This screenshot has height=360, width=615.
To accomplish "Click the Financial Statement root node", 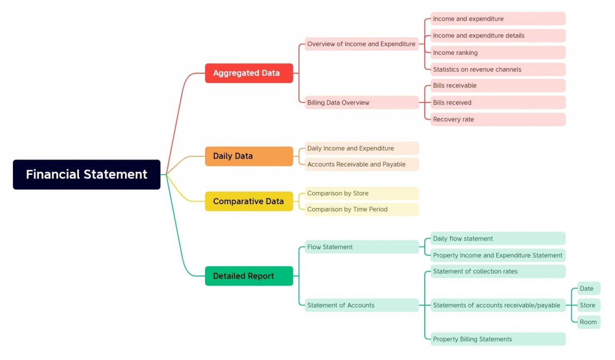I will coord(86,175).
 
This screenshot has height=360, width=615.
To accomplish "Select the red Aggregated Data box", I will coord(249,73).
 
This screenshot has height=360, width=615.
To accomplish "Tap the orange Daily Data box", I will coord(249,156).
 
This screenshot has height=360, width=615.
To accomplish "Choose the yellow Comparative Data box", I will coord(249,201).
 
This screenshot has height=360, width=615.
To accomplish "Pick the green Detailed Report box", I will coord(249,276).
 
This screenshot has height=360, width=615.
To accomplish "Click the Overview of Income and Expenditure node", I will coord(361,44).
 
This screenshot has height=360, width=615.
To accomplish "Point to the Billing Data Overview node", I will coord(361,103).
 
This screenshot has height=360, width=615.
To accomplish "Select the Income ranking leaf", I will coord(497,52).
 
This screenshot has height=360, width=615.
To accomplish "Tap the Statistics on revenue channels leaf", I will coord(497,69).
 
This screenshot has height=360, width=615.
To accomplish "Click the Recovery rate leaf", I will coord(497,119).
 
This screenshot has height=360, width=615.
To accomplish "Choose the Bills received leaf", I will coord(497,103).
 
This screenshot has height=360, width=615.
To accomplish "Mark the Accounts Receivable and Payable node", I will coord(361,164).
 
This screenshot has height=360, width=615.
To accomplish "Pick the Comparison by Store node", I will coord(361,193).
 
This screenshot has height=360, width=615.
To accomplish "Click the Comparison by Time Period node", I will coord(361,209).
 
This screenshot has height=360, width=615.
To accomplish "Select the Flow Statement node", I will coord(361,247).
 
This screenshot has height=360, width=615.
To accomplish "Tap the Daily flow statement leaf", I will coord(497,239).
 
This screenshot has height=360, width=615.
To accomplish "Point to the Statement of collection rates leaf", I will coord(497,272).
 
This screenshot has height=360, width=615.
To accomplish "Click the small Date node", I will coord(588,288).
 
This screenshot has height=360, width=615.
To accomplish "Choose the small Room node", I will coord(588,322).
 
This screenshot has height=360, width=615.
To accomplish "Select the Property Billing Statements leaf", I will coord(497,339).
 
